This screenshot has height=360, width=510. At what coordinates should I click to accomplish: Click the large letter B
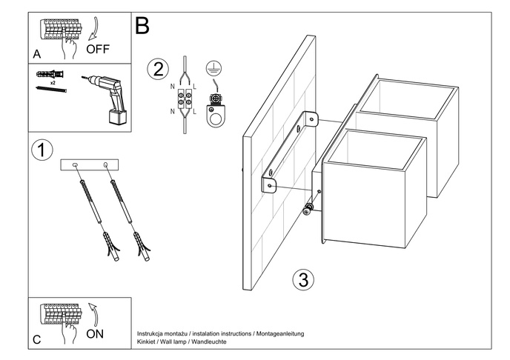(x=142, y=26)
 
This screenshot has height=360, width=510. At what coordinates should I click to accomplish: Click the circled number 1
(x=43, y=150)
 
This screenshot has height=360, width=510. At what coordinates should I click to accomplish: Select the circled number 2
(x=157, y=70)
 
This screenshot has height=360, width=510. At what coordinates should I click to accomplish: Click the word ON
(x=95, y=333)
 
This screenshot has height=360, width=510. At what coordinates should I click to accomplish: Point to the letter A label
(x=37, y=54)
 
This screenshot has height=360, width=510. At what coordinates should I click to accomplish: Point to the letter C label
(x=37, y=340)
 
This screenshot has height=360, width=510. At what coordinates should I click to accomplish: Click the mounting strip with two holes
(x=90, y=164)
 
